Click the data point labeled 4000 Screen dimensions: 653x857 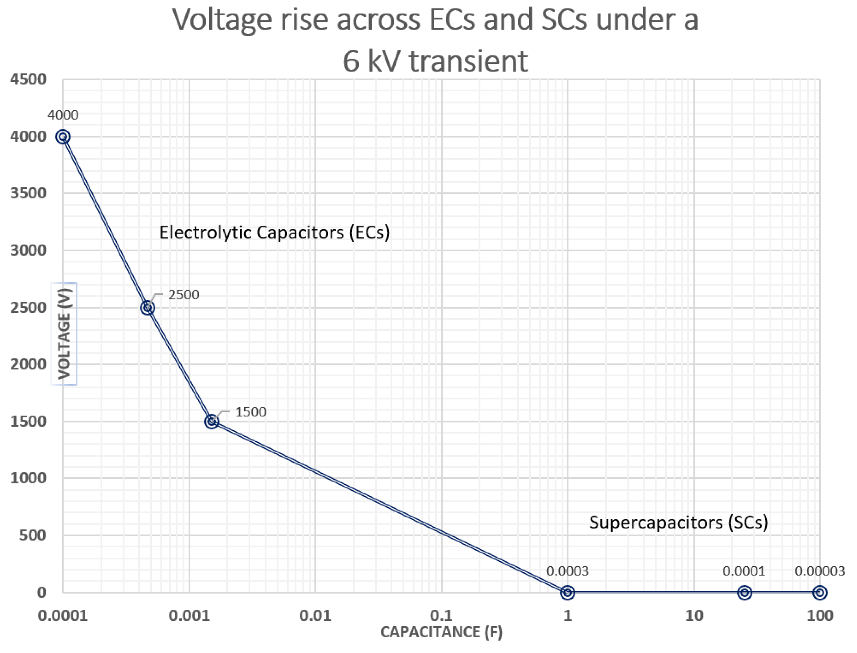point(63,136)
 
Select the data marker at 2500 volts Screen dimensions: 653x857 point(147,308)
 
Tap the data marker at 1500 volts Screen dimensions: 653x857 point(211,421)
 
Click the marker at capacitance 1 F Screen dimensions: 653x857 point(567,592)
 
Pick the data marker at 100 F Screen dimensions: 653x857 point(820,592)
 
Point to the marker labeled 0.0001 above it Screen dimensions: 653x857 point(744,592)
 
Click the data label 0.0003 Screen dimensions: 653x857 point(567,571)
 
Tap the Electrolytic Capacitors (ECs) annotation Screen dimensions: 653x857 point(274,232)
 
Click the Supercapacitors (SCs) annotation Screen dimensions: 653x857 point(678,522)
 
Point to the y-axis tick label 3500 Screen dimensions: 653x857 point(28,193)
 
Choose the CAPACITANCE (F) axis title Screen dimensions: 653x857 point(441,632)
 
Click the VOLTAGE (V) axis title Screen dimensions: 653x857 point(64,333)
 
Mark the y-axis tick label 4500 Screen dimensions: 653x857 point(28,79)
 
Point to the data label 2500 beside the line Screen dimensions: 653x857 point(184,295)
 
